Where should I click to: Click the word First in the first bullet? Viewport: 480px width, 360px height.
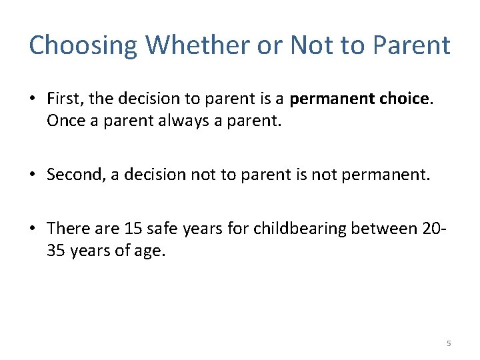point(65,99)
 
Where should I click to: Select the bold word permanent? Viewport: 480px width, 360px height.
point(325,99)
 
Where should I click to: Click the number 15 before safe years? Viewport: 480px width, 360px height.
point(132,229)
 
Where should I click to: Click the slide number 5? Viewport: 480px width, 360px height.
point(449,343)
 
